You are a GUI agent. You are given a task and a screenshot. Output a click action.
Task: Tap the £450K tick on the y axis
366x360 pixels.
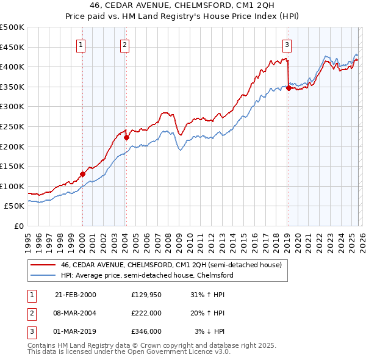tap(12, 47)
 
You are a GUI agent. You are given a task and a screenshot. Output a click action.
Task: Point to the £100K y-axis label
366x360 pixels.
tap(12, 186)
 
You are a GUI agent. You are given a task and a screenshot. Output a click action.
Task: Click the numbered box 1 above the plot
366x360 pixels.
tap(82, 44)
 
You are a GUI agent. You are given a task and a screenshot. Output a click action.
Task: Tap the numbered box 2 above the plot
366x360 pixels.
tap(125, 44)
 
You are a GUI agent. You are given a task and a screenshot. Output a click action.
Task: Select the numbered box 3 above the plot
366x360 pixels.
tap(287, 44)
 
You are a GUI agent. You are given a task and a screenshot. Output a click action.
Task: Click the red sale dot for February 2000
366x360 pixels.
tap(82, 174)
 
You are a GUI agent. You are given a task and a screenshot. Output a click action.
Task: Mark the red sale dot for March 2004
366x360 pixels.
tap(126, 137)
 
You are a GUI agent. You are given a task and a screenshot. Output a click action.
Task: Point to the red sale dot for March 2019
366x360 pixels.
tap(288, 88)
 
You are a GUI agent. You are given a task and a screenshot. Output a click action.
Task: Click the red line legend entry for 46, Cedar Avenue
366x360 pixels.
tap(171, 265)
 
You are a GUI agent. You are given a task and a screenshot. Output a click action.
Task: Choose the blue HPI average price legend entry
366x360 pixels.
tap(146, 276)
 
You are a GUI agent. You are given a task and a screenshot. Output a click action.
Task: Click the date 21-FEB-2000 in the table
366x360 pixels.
tap(76, 295)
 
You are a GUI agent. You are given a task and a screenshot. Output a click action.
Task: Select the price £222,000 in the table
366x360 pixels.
tap(146, 313)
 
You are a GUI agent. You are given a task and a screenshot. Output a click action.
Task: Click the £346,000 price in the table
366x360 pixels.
tap(146, 331)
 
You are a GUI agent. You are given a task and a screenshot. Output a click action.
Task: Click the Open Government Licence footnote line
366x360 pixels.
tap(129, 352)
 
